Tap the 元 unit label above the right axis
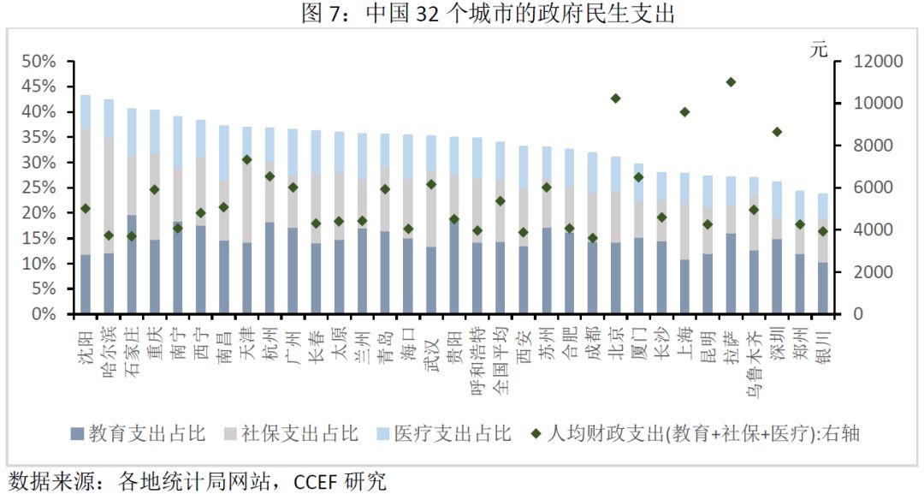[x=820, y=49]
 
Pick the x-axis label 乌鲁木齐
[x=754, y=359]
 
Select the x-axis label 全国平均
[x=501, y=359]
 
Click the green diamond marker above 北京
[x=616, y=98]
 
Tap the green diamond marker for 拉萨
[x=731, y=82]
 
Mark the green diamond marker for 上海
[x=684, y=112]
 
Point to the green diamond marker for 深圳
[x=777, y=132]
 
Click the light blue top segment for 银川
[x=822, y=205]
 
